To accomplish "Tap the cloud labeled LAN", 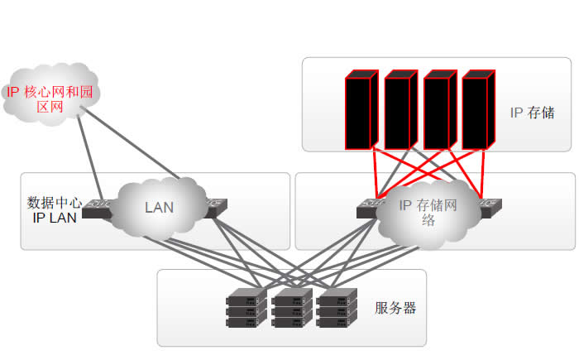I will click(158, 206).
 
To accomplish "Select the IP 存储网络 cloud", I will click(428, 213).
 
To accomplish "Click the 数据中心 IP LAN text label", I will click(55, 210).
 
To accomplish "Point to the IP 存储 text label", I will click(532, 113).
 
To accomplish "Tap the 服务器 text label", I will click(395, 309).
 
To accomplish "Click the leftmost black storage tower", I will click(360, 111).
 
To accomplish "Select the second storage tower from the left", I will click(400, 111).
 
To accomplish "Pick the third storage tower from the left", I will click(439, 111).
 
